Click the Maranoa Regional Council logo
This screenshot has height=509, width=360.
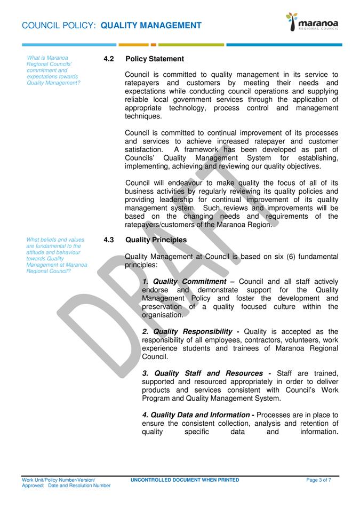(313, 23)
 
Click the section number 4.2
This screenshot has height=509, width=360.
(109, 59)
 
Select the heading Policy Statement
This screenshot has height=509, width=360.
(155, 59)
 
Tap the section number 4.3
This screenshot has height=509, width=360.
(109, 240)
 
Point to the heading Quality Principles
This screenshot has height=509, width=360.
(156, 240)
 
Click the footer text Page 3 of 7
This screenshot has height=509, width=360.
(318, 480)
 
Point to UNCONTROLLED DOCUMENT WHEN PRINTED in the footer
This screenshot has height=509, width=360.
(185, 480)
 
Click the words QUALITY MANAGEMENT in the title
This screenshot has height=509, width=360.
(151, 26)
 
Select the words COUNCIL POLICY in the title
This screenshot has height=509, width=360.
(59, 26)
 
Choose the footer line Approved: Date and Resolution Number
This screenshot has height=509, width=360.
(66, 486)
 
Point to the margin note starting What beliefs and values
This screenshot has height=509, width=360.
(57, 256)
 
